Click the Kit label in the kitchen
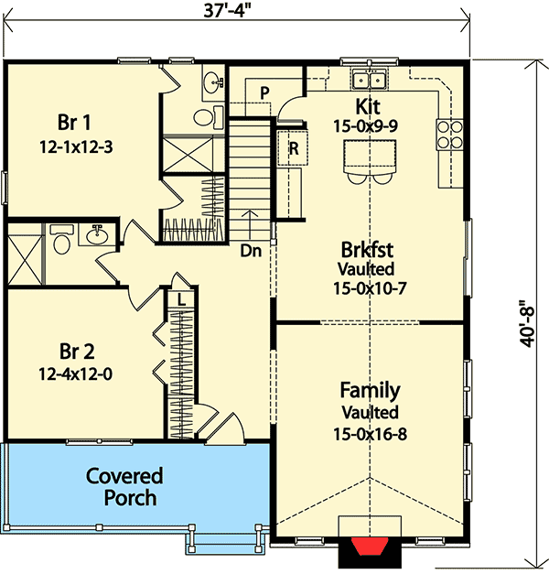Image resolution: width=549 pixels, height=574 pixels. coord(370,106)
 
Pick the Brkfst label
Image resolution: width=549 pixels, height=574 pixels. coord(369,250)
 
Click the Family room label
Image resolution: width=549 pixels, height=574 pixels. coord(370,391)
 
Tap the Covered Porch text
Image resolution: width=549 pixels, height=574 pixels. coord(124,487)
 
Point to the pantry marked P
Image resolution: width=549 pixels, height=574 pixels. coord(264,92)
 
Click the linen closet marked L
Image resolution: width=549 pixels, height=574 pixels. coord(182,299)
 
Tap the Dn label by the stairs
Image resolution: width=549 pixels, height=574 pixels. coord(252,248)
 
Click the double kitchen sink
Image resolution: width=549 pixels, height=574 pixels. coord(371,78)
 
